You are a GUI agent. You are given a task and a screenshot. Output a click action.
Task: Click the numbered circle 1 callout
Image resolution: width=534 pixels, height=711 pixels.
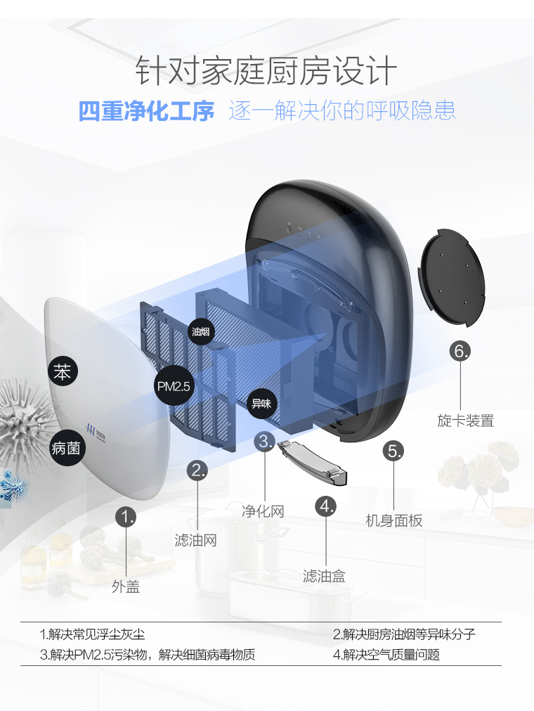(x=126, y=518)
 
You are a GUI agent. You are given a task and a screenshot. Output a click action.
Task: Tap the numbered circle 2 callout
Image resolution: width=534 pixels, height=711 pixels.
(x=199, y=470)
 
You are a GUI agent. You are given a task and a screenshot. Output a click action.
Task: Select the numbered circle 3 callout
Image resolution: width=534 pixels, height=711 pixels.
(x=264, y=442)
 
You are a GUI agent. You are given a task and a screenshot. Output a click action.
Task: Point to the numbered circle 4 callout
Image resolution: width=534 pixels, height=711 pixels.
(x=325, y=506)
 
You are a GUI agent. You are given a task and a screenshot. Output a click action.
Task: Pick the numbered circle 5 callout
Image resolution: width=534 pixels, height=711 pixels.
(x=394, y=451)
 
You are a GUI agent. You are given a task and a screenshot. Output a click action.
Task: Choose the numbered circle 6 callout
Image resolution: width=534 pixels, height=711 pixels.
(x=461, y=351)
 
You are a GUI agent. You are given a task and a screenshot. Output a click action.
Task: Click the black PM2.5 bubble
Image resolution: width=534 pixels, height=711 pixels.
(x=173, y=386)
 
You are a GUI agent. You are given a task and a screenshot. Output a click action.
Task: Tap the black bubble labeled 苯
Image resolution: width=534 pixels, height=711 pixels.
(x=63, y=372)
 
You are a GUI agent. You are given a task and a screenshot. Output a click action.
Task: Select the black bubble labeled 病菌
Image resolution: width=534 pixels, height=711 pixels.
(x=65, y=447)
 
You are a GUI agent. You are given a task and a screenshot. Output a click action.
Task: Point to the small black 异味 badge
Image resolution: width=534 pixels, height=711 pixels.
(x=261, y=404)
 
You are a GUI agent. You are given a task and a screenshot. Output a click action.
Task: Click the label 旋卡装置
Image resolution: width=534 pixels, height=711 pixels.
(x=465, y=421)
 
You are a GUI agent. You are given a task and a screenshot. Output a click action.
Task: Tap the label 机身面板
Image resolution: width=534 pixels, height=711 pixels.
(x=394, y=520)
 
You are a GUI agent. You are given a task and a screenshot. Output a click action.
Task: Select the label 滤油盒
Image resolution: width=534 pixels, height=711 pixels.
(x=324, y=576)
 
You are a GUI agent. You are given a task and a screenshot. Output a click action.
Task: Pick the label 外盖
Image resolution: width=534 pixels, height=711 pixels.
(x=126, y=587)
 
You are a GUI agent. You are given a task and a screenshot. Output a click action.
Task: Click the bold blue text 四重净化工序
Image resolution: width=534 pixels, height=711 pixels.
(x=146, y=111)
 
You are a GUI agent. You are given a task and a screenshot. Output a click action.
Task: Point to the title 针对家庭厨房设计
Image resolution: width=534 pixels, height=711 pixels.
(x=266, y=71)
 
